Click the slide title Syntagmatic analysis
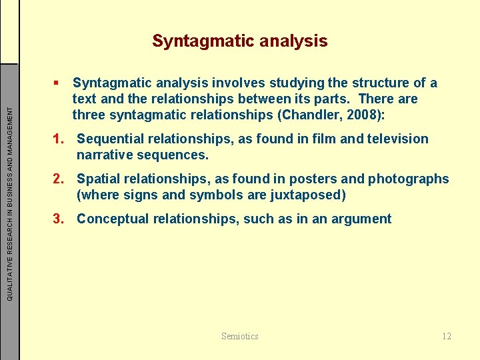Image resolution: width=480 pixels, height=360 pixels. [x=239, y=41]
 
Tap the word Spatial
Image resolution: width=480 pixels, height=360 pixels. [x=101, y=179]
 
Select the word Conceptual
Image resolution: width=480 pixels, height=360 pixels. [x=114, y=219]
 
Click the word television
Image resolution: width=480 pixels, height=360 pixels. [x=395, y=139]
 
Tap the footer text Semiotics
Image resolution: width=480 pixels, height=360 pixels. [x=239, y=336]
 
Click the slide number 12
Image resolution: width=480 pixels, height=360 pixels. [x=446, y=336]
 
